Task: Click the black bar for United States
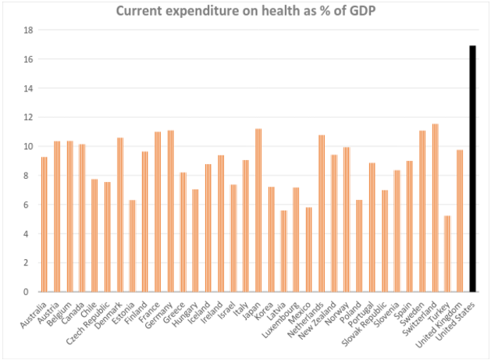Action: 472,169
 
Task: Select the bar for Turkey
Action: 447,254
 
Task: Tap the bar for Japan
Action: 258,210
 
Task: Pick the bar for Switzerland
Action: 434,208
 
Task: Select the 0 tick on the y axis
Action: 28,292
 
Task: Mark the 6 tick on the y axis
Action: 28,205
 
